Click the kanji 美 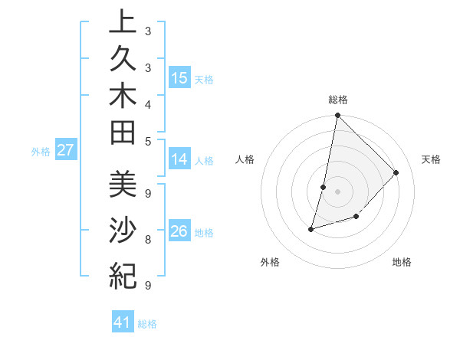(x=122, y=184)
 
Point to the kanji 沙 (x=122, y=230)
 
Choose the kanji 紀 (x=122, y=274)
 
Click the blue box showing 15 (x=179, y=78)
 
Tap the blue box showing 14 (x=179, y=160)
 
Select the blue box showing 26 (x=179, y=231)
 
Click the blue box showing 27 (x=65, y=150)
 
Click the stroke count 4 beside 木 (x=147, y=104)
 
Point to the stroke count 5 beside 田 (x=147, y=140)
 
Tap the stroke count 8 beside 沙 (x=147, y=240)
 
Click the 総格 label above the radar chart (x=338, y=100)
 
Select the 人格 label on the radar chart (x=245, y=159)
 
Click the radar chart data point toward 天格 (x=396, y=172)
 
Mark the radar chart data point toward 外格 (x=311, y=229)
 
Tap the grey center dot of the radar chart (x=338, y=191)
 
